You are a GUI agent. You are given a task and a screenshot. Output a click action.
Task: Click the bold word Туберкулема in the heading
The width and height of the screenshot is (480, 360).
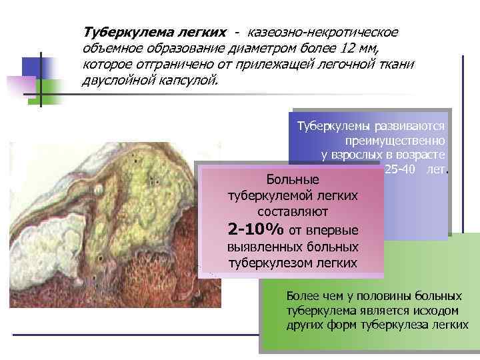tap(123, 33)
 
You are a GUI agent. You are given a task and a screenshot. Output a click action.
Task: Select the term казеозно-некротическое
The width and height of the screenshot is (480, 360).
tap(323, 33)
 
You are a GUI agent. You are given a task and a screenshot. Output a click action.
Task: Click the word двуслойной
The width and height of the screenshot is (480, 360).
tap(119, 81)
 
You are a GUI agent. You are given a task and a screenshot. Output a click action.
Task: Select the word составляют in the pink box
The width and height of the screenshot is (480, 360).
tap(292, 211)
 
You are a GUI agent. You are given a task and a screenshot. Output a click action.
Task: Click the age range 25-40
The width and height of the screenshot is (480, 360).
tap(399, 169)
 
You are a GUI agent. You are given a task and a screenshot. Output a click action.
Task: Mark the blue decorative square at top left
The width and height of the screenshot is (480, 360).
tap(37, 69)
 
